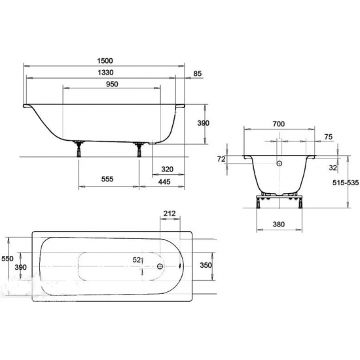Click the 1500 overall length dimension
tap(105, 61)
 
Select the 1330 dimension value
tap(105, 73)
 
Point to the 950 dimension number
tap(112, 84)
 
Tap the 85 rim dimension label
tap(197, 73)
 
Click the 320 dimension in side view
tap(167, 170)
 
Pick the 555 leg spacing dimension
tap(107, 179)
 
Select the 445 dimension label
tap(164, 181)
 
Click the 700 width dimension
tap(278, 124)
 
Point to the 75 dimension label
tap(329, 137)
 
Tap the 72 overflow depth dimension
tap(221, 159)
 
